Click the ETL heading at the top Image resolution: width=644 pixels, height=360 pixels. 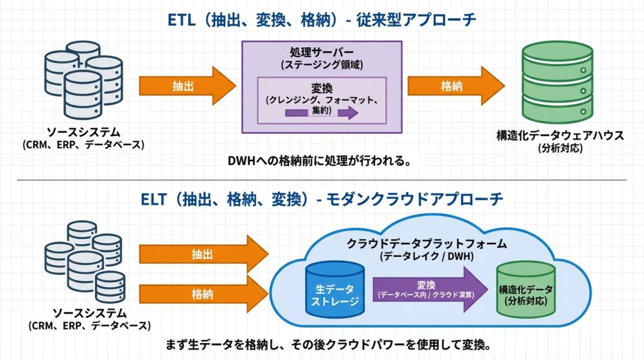coord(322,18)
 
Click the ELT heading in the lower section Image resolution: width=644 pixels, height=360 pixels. coord(322,200)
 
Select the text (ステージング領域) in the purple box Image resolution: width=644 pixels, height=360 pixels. coord(322,65)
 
